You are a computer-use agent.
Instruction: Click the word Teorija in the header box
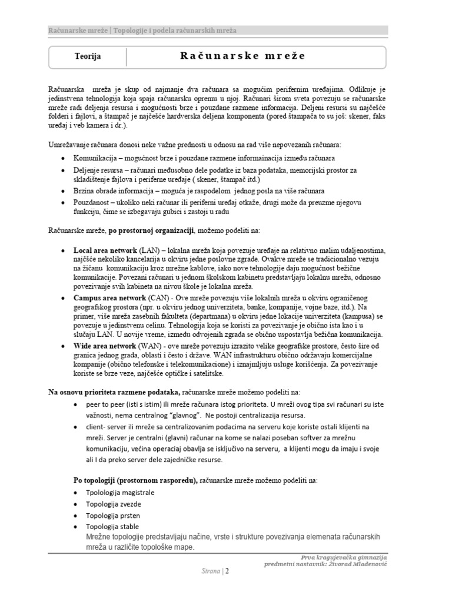(x=88, y=57)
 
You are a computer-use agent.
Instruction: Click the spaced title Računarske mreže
(x=242, y=56)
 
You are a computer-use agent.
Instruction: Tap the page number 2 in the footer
(x=227, y=570)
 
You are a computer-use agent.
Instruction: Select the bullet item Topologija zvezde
(x=113, y=504)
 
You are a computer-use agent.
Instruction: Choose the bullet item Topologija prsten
(x=113, y=515)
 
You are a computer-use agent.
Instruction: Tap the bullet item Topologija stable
(x=112, y=526)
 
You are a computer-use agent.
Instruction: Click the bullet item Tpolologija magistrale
(x=121, y=493)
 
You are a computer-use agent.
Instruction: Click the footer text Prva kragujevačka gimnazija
(x=344, y=557)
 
